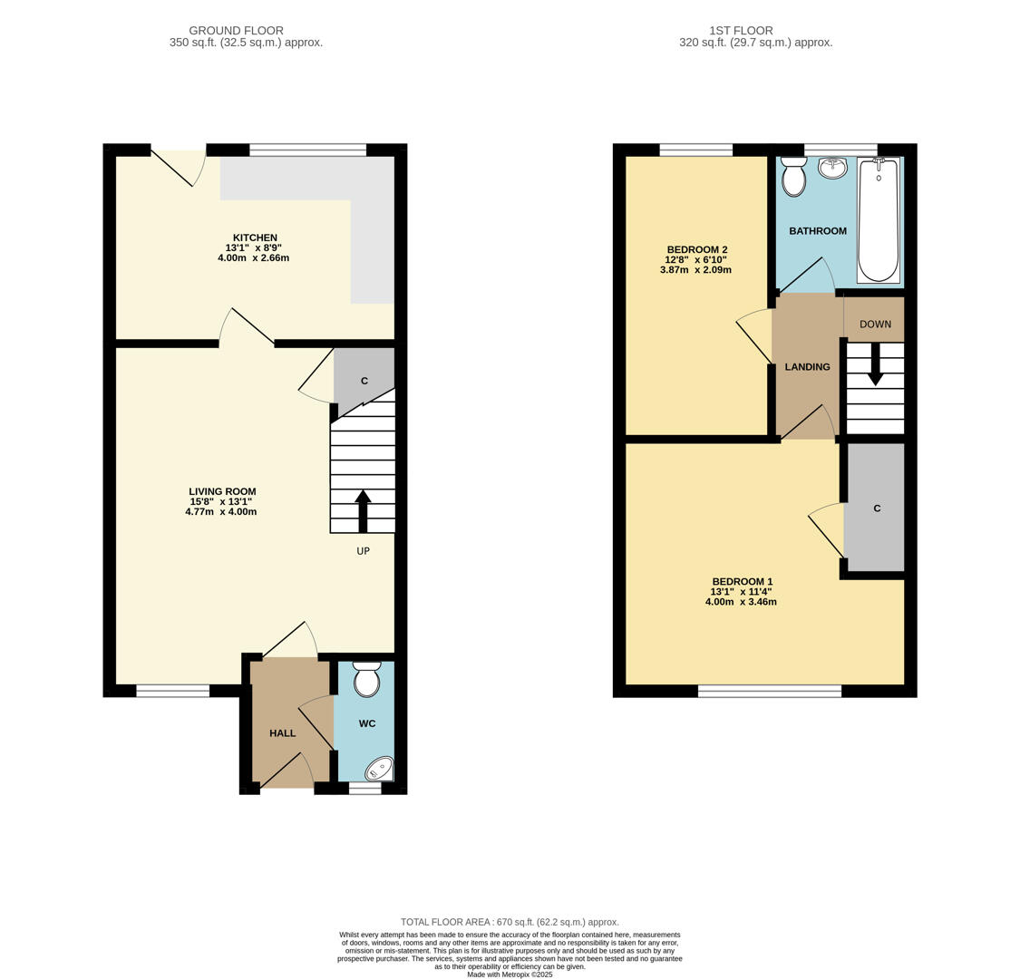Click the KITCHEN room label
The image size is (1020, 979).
(255, 238)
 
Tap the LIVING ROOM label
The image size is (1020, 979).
(222, 492)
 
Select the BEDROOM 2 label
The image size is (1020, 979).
(697, 250)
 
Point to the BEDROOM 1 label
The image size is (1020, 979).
(743, 582)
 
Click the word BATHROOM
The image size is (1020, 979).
(818, 231)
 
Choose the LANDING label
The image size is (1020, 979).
(807, 367)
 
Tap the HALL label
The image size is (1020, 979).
(282, 733)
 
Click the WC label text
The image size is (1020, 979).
(367, 723)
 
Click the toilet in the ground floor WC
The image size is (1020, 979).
(367, 678)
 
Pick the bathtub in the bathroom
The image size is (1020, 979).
(879, 220)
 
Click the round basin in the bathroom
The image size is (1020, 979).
(832, 168)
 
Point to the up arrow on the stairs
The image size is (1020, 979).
(363, 511)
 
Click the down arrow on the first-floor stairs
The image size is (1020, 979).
(876, 363)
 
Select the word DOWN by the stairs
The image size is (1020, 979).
(875, 324)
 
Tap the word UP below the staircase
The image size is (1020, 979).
(363, 551)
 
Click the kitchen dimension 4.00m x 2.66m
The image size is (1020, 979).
(254, 257)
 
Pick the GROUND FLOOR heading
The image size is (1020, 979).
(236, 31)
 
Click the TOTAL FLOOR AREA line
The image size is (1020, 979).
(510, 922)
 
